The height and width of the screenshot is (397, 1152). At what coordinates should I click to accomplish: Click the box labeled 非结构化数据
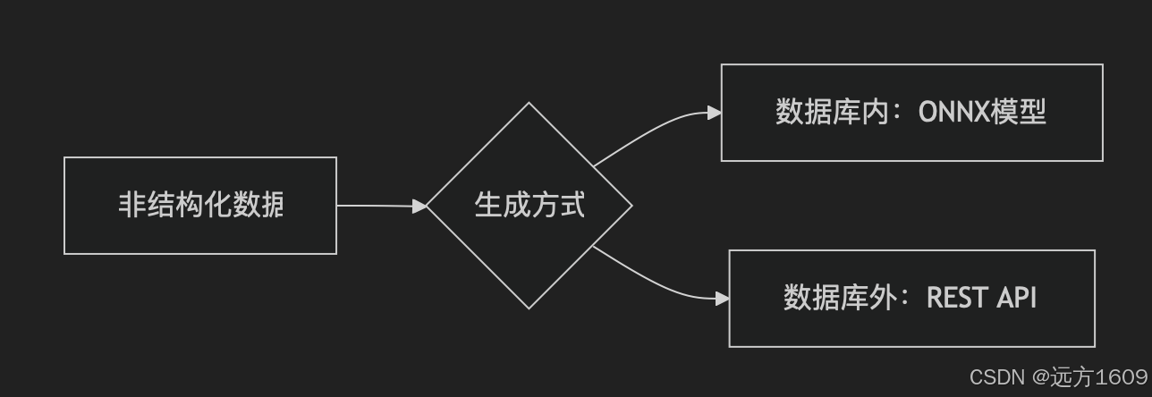200,206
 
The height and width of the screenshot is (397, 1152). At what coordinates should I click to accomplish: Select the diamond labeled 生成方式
529,206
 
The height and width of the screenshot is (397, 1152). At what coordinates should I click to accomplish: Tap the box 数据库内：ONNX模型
911,113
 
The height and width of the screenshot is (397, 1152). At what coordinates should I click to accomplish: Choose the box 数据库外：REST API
911,298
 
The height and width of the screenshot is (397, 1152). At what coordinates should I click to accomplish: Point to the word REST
955,298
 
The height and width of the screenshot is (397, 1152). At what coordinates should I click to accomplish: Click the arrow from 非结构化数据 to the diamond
376,206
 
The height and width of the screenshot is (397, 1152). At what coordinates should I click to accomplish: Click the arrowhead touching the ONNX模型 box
714,113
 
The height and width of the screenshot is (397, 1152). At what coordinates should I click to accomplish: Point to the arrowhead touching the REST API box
722,299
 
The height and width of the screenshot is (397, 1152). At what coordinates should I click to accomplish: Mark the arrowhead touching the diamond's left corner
419,206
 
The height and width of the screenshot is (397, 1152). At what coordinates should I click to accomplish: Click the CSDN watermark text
997,376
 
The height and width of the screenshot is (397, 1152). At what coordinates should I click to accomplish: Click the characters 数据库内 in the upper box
818,113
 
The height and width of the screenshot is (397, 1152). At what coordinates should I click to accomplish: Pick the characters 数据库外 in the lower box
826,298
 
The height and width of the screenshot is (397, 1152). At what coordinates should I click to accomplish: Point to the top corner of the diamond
529,104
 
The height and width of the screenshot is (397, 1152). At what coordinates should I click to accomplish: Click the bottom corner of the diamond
529,308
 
